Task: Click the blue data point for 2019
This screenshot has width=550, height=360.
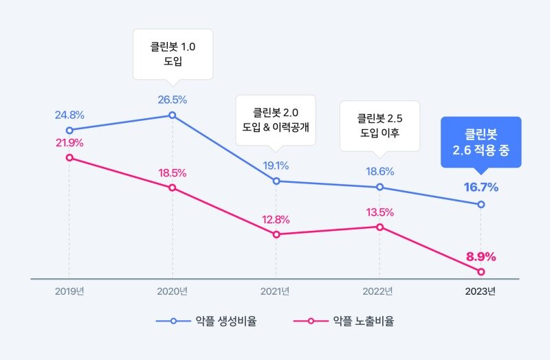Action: (x=69, y=130)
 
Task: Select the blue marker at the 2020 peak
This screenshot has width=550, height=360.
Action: (x=173, y=115)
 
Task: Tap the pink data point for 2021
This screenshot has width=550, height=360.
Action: (x=276, y=234)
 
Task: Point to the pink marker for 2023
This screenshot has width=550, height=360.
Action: (x=481, y=271)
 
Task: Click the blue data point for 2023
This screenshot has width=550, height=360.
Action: (x=481, y=204)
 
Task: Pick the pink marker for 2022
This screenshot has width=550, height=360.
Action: (x=379, y=227)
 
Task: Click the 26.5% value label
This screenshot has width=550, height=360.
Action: (x=172, y=100)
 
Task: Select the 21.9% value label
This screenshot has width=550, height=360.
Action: (x=69, y=143)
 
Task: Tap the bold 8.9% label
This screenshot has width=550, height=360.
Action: (x=481, y=257)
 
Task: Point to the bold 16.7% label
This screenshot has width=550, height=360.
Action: (x=481, y=187)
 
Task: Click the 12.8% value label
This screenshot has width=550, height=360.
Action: (x=276, y=220)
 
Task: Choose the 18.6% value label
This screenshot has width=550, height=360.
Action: (x=379, y=172)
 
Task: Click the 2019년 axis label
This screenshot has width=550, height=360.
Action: (x=69, y=291)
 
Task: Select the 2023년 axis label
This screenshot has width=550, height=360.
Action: (x=481, y=291)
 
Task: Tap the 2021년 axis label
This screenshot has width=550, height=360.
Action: (x=276, y=291)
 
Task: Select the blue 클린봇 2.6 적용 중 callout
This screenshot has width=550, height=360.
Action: (x=481, y=142)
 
